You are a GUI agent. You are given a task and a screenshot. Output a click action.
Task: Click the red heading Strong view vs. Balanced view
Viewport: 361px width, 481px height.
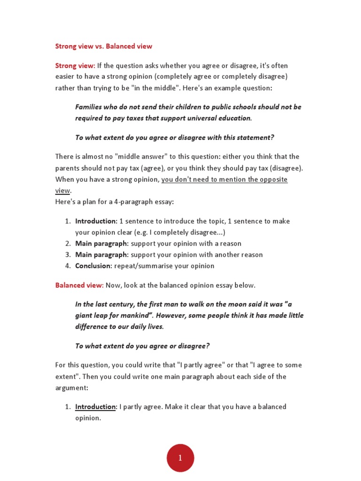(103, 46)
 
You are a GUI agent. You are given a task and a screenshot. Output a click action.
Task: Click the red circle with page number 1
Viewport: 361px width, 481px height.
(180, 458)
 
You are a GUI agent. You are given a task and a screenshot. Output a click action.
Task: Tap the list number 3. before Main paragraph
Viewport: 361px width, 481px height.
(68, 255)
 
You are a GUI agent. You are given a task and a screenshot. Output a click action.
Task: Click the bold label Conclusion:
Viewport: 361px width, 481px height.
(94, 266)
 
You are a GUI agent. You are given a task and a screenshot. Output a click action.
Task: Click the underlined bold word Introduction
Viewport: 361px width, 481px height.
(95, 407)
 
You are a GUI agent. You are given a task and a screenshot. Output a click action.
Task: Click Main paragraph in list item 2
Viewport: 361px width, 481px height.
(102, 243)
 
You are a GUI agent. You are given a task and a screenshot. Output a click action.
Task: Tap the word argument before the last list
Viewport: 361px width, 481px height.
(71, 388)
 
